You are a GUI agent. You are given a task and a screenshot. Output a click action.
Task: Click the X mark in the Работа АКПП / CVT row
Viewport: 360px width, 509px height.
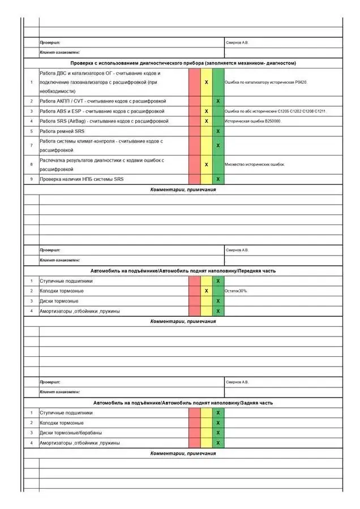click(218, 101)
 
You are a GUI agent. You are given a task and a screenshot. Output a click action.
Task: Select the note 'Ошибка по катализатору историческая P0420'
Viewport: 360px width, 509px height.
click(265, 83)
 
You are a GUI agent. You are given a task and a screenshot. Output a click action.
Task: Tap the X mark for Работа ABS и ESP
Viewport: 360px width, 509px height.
click(206, 111)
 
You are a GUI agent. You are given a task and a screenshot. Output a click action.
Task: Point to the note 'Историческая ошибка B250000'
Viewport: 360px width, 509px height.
click(252, 122)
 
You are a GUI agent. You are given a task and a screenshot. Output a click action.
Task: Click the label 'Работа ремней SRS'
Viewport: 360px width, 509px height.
click(62, 131)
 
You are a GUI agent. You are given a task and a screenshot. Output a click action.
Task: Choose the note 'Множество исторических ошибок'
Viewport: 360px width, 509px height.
click(255, 165)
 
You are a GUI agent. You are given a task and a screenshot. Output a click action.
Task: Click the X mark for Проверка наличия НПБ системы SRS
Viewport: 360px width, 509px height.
click(218, 179)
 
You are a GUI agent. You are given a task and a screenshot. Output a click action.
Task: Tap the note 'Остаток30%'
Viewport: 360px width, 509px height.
click(237, 291)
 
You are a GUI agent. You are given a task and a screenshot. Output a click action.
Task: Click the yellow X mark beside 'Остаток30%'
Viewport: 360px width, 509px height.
click(206, 291)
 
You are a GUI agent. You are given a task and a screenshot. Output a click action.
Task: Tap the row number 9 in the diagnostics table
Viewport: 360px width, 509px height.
click(31, 179)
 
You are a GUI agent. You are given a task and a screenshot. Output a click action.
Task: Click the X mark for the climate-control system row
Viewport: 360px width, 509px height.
click(218, 145)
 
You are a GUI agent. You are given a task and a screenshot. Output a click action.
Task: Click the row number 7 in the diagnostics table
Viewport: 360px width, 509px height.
click(31, 145)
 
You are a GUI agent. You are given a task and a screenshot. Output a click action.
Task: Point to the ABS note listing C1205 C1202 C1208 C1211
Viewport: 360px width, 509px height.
click(275, 111)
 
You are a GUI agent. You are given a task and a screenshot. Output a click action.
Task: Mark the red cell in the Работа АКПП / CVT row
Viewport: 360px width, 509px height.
click(194, 101)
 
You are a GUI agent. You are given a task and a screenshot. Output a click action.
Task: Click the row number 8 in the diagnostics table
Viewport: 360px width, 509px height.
click(31, 165)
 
